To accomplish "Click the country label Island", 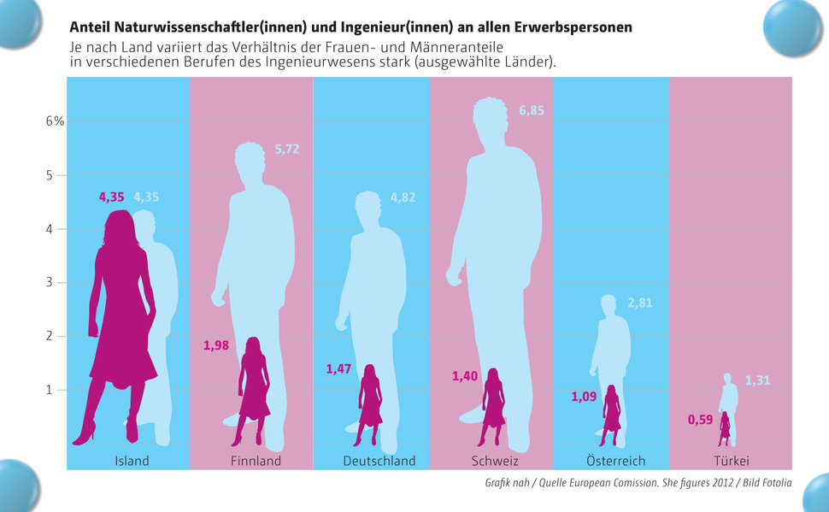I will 132,461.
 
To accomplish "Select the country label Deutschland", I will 379,461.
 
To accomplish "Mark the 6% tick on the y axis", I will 56,121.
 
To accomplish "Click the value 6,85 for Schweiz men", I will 531,110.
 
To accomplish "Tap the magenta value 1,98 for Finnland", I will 217,345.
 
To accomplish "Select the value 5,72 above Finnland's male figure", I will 287,150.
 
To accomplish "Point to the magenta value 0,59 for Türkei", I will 700,420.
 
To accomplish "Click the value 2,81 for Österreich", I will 640,303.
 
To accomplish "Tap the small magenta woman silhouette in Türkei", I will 725,429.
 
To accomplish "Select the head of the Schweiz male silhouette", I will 497,120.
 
